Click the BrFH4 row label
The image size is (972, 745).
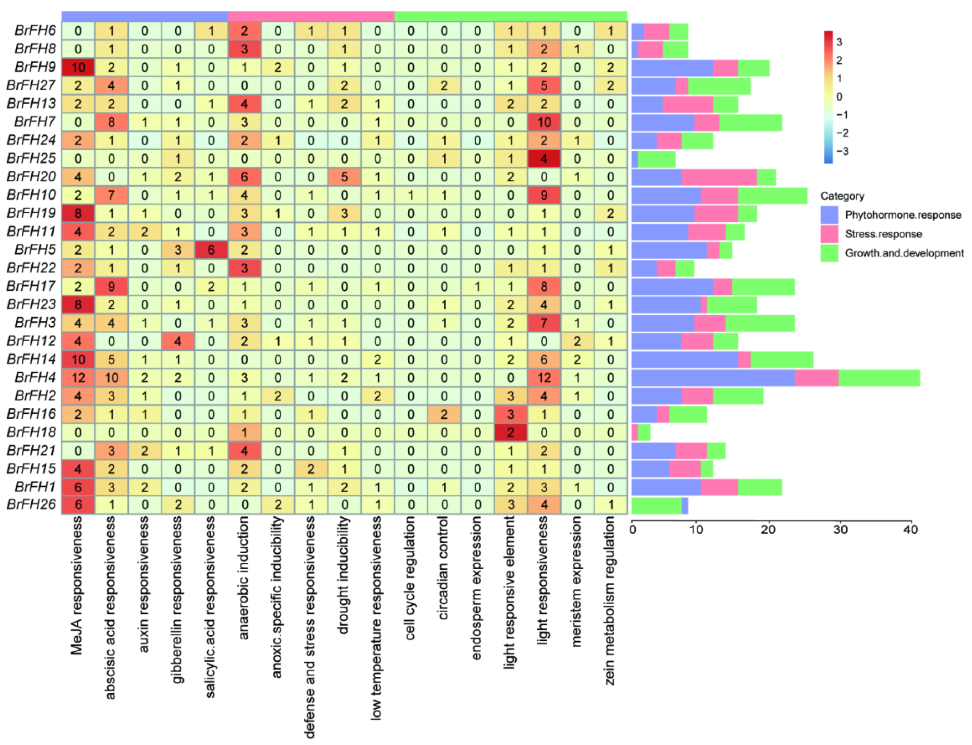35,377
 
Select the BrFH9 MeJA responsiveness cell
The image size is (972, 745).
78,67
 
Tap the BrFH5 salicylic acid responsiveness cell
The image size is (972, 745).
211,250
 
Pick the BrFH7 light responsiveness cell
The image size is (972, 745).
544,122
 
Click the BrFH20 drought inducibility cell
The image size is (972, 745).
344,177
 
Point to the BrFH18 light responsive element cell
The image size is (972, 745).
511,432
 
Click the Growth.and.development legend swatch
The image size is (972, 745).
829,253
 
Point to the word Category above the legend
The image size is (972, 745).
842,196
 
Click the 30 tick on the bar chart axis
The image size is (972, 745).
840,530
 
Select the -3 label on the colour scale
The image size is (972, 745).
842,151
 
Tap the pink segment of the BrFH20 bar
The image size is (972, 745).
719,177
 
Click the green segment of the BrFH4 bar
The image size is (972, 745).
879,378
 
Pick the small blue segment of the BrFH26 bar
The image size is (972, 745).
685,505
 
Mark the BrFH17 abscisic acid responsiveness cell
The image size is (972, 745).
111,286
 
